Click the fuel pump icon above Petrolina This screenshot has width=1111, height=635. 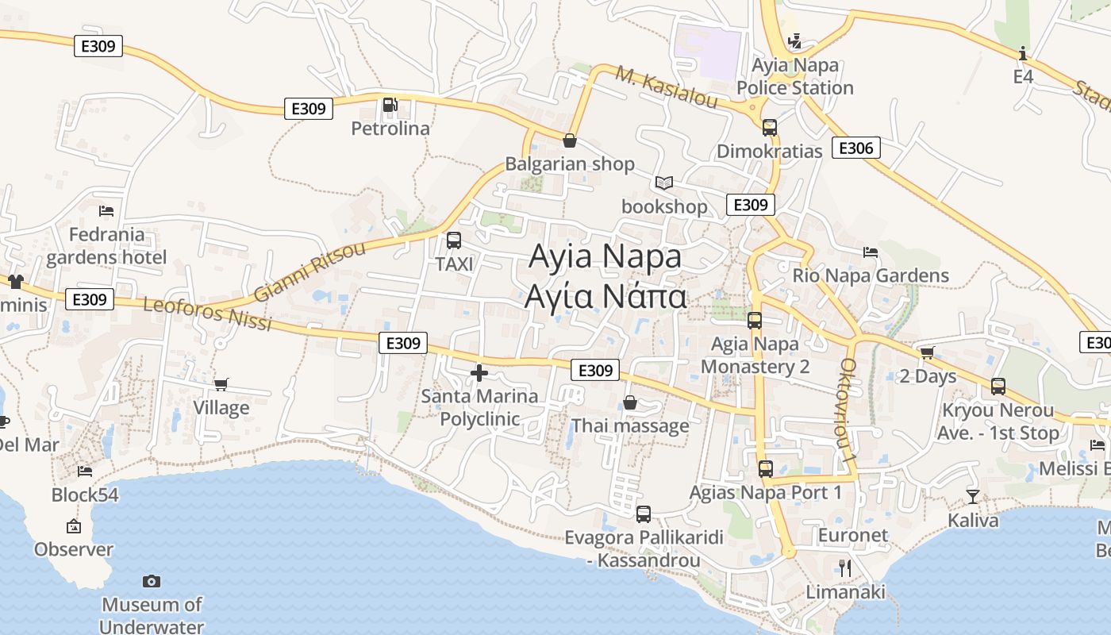pyautogui.click(x=390, y=105)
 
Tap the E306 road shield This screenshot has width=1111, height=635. pyautogui.click(x=855, y=148)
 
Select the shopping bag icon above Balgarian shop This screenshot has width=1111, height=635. pyautogui.click(x=569, y=141)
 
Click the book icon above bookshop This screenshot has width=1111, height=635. pyautogui.click(x=663, y=183)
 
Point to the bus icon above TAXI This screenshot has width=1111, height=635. pyautogui.click(x=454, y=240)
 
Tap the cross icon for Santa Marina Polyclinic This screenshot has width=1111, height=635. pyautogui.click(x=479, y=372)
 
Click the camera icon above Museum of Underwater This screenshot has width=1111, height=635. pyautogui.click(x=152, y=582)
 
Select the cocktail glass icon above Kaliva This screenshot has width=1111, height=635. pyautogui.click(x=973, y=497)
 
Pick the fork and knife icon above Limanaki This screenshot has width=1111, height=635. pyautogui.click(x=845, y=568)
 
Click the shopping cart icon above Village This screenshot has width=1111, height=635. pyautogui.click(x=221, y=384)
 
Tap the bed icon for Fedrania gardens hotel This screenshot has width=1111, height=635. pyautogui.click(x=106, y=211)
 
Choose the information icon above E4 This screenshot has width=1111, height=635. pyautogui.click(x=1023, y=53)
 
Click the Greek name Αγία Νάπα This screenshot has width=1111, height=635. pyautogui.click(x=605, y=296)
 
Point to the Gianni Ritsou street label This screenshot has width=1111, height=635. pyautogui.click(x=310, y=271)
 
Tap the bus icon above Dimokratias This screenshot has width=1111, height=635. pyautogui.click(x=769, y=127)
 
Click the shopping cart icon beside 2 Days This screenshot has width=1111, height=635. pyautogui.click(x=927, y=352)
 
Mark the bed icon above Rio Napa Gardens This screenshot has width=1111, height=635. pyautogui.click(x=871, y=252)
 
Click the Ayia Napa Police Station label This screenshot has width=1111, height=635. pyautogui.click(x=795, y=76)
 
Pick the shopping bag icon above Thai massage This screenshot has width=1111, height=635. pyautogui.click(x=629, y=402)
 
